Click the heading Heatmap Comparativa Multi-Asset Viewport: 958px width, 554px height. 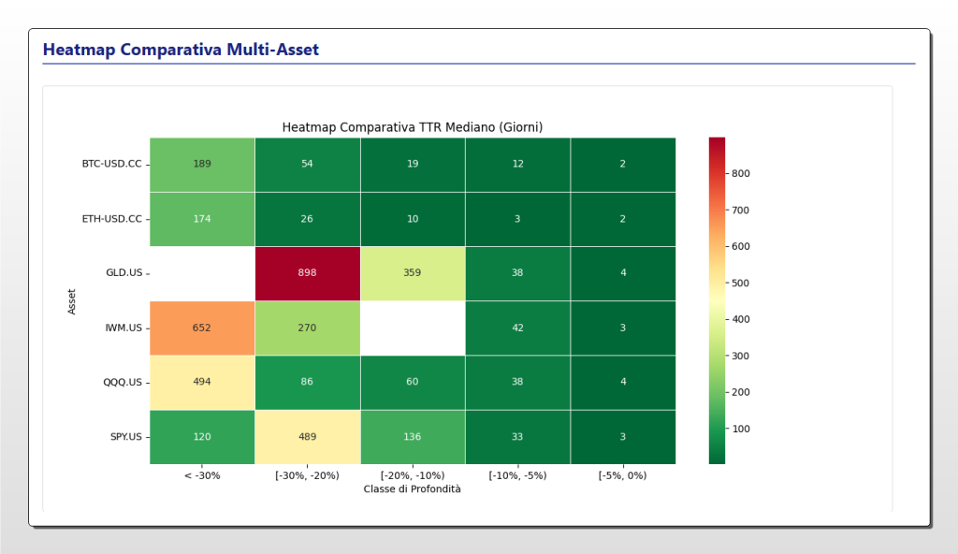181,50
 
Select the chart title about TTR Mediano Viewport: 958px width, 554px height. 412,126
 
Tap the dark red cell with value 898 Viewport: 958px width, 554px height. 307,273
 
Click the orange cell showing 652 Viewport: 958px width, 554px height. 202,328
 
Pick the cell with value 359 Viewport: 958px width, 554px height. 412,273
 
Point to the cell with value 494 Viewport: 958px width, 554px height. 202,382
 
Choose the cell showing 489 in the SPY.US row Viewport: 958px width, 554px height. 307,437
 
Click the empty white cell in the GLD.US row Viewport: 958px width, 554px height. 202,273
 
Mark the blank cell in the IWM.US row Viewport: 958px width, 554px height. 412,328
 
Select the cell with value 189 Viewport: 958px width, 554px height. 202,164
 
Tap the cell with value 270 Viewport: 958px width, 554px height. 307,328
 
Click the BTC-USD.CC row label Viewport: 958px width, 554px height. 111,164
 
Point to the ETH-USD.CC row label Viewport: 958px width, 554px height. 111,219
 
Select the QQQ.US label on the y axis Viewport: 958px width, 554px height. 123,383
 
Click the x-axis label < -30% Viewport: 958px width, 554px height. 202,475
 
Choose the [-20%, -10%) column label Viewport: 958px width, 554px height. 412,475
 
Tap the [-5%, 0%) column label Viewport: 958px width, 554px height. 622,475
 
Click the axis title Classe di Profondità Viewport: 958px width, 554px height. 412,488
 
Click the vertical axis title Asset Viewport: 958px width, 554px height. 72,300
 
